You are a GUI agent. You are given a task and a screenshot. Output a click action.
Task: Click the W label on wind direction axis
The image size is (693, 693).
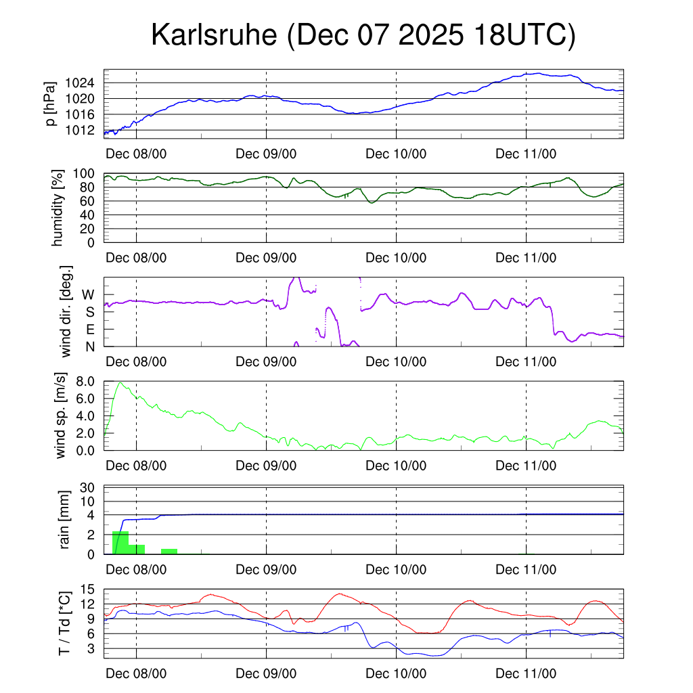click(88, 295)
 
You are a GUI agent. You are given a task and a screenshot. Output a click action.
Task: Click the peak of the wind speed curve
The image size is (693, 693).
click(121, 383)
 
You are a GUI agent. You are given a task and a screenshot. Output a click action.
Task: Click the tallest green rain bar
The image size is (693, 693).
click(120, 543)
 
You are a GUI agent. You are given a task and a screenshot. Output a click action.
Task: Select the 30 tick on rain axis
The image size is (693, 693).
click(88, 487)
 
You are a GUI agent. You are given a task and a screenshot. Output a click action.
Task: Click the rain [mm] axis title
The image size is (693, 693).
click(65, 521)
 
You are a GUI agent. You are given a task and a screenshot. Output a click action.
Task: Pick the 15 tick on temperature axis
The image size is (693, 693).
click(88, 589)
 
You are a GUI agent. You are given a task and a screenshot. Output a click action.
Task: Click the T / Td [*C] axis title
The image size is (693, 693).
click(64, 623)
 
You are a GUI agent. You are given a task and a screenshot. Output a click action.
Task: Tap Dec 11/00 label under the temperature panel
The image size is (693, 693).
click(526, 674)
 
